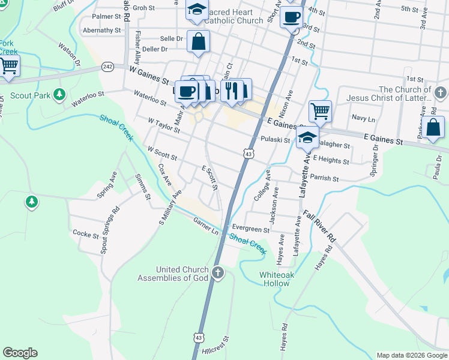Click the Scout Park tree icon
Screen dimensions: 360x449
[x=59, y=94]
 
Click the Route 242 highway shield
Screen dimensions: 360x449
[x=108, y=66]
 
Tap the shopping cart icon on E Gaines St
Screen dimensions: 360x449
[x=320, y=110]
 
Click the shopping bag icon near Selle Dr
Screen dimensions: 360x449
[x=198, y=41]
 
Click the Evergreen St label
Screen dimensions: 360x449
[x=251, y=229]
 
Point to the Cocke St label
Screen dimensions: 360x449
[x=85, y=234]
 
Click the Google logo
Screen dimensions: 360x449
[x=20, y=353]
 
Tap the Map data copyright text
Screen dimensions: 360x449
[x=411, y=355]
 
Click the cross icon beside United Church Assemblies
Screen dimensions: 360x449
[x=218, y=274]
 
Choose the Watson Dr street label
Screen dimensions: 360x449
[x=70, y=53]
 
